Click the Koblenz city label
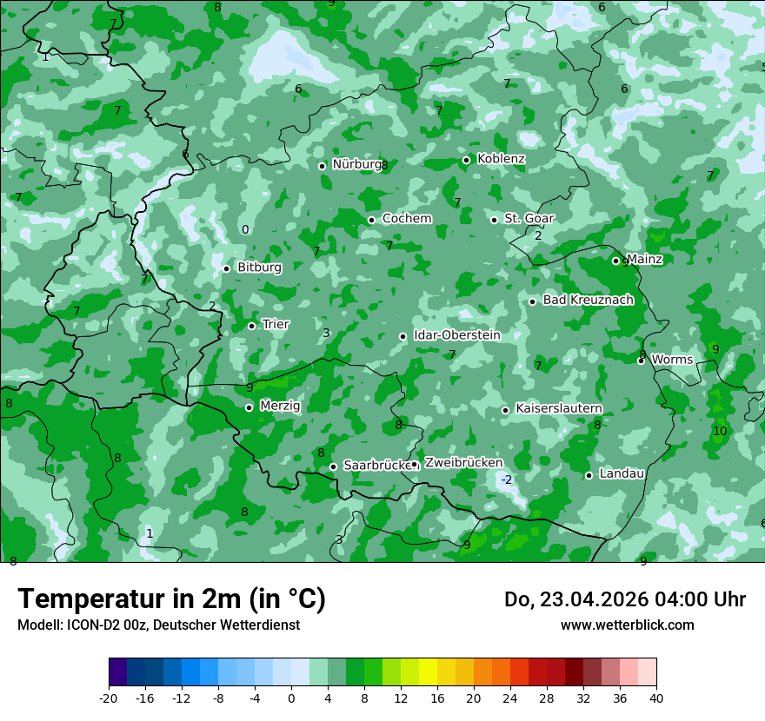501,159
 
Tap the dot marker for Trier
251,326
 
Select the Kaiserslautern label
559,408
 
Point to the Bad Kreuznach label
588,300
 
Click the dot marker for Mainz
615,261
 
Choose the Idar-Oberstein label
456,334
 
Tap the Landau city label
622,473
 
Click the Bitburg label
259,268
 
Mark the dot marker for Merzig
249,407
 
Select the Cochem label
407,218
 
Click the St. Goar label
529,218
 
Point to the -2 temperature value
507,480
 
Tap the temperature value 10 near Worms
720,431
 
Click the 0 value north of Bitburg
245,229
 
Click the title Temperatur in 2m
171,599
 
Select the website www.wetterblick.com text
627,625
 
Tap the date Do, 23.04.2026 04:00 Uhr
624,599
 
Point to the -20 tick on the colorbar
109,698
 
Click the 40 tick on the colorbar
656,698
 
